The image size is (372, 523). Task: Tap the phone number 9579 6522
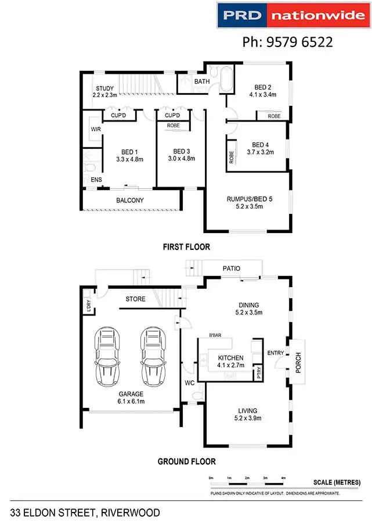tap(287, 42)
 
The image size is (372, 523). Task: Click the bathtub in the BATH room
tap(225, 80)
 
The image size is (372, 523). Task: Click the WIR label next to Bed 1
tap(95, 129)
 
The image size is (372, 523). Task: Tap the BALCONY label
tap(130, 200)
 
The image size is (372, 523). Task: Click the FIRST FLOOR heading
tap(186, 247)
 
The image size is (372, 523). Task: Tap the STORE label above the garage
tap(136, 299)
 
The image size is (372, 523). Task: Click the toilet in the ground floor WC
tap(196, 396)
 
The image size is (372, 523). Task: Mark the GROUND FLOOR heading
tap(186, 462)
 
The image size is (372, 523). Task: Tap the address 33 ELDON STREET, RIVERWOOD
tap(85, 513)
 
